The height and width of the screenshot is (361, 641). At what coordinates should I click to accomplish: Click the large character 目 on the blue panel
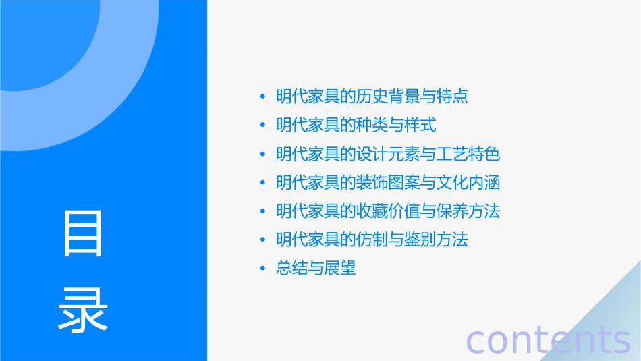(83, 233)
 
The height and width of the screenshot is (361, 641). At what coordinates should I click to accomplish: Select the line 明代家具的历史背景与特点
(372, 96)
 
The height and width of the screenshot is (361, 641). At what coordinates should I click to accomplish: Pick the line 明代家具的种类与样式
(356, 125)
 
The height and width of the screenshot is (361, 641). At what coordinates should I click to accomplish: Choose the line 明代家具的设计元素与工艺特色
(388, 154)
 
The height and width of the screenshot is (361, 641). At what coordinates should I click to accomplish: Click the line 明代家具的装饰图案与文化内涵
(388, 182)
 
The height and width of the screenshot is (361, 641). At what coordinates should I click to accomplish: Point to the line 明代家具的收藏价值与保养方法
(388, 211)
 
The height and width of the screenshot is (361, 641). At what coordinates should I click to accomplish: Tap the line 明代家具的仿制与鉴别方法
(372, 240)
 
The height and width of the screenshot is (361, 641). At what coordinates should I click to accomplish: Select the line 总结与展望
(316, 269)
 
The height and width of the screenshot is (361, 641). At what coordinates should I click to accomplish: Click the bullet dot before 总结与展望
(263, 269)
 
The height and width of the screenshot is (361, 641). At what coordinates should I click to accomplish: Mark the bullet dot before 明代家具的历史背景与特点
(263, 96)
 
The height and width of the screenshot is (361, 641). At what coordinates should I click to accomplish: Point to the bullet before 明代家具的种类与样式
(263, 125)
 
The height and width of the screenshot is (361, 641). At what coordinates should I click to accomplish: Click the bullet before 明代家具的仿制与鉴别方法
(263, 240)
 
